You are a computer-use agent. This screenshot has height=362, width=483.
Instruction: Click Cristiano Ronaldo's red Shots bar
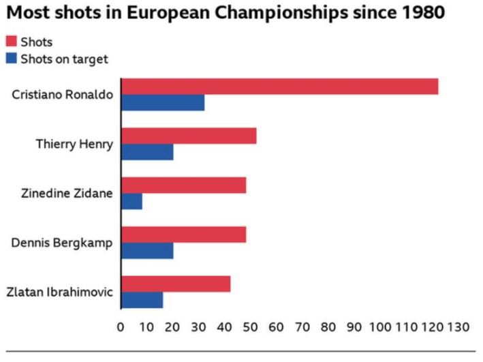(279, 87)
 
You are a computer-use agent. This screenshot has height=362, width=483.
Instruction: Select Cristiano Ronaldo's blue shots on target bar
(163, 103)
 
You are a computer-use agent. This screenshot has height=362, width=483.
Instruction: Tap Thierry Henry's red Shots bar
(189, 136)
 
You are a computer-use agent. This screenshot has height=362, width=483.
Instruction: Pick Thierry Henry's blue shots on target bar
(147, 152)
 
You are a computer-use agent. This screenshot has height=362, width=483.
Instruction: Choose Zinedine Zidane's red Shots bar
(183, 185)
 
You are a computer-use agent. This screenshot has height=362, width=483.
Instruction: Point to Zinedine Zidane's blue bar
(131, 201)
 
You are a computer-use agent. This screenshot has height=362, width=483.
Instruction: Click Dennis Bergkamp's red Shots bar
(183, 235)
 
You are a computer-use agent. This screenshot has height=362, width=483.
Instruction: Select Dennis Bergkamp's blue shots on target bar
(147, 250)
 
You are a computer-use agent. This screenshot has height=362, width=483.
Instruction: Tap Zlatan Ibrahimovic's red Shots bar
(176, 284)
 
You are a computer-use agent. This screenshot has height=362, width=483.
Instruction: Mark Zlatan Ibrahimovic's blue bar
(142, 299)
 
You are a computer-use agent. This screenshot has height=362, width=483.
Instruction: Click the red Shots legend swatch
(12, 42)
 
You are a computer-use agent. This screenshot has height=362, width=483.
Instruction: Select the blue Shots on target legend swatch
(12, 59)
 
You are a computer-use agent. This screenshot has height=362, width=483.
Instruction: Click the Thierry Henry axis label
(74, 144)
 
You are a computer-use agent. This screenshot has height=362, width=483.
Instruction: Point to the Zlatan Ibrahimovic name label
(59, 292)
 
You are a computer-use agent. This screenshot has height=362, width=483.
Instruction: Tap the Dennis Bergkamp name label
(62, 243)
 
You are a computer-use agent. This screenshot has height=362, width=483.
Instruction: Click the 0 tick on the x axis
(121, 327)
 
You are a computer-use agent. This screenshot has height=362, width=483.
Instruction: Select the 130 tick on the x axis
(458, 327)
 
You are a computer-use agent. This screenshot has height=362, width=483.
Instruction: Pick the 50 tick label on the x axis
(250, 327)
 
